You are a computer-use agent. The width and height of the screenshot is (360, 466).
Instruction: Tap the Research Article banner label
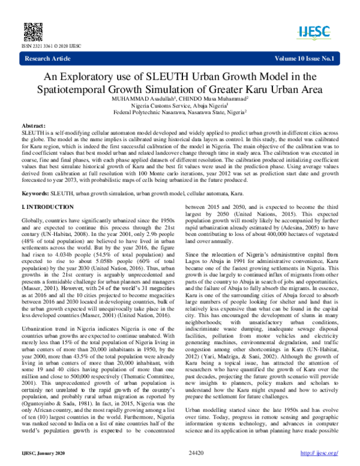[49, 58]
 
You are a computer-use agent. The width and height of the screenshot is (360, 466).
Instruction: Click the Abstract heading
[34, 123]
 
